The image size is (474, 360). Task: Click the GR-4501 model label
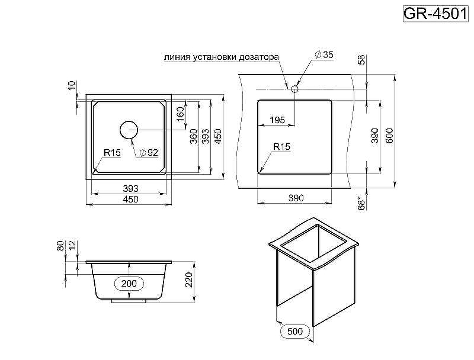tap(435, 13)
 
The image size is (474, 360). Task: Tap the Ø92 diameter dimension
tap(148, 153)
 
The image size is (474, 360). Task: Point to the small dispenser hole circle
tap(294, 88)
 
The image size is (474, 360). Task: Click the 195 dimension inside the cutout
tap(277, 120)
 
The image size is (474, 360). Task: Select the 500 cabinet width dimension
tap(295, 331)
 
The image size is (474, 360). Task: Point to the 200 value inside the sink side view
tap(129, 284)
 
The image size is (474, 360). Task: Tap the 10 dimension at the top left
tap(72, 86)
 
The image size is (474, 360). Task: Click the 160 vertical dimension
tap(180, 112)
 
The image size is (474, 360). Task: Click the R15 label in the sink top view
tap(112, 153)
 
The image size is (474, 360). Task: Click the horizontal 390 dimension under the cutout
tap(294, 198)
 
